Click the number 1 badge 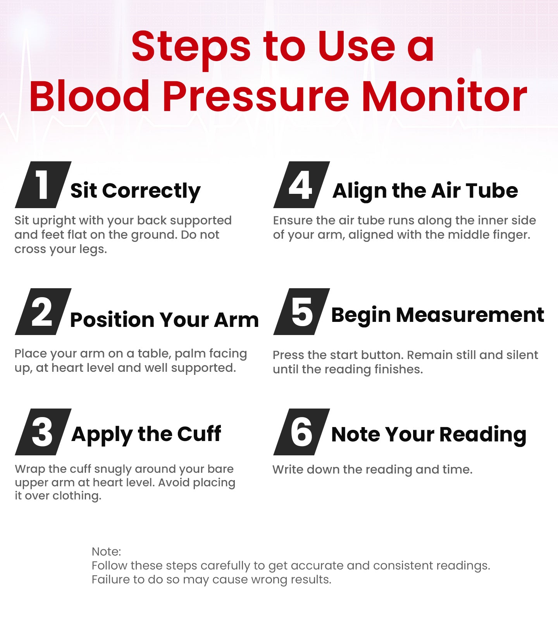click(43, 185)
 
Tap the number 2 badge click(43, 312)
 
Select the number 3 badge click(43, 432)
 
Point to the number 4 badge click(301, 185)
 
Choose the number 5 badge click(301, 312)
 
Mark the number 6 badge click(301, 432)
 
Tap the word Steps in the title click(191, 47)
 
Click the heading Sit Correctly click(135, 191)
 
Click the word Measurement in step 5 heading click(470, 315)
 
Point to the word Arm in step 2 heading click(236, 320)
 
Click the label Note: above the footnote click(106, 551)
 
